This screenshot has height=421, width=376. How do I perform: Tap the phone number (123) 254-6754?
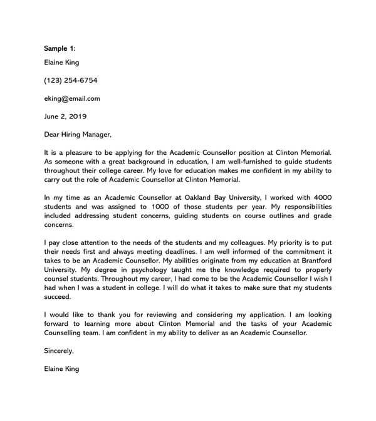(x=71, y=80)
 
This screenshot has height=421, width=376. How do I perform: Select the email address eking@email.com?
(x=72, y=98)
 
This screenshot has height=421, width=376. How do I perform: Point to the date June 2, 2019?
(x=66, y=117)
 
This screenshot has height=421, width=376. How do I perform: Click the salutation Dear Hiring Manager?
(x=78, y=134)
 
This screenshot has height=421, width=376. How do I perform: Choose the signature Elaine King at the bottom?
(x=61, y=370)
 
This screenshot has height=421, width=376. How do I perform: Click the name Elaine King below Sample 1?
(x=61, y=63)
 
